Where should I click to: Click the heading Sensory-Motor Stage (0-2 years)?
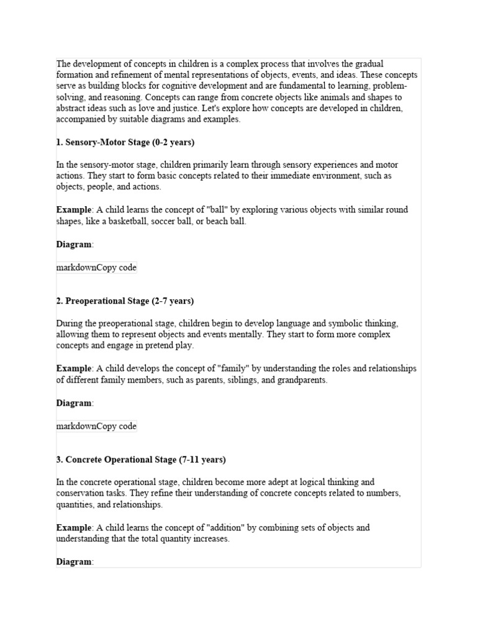(125, 142)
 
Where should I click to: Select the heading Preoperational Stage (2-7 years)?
(125, 301)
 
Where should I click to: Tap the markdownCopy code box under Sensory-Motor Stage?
(96, 268)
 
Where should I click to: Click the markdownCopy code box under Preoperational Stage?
(96, 427)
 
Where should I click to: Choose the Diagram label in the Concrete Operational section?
(74, 561)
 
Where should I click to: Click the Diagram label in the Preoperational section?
(74, 403)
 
